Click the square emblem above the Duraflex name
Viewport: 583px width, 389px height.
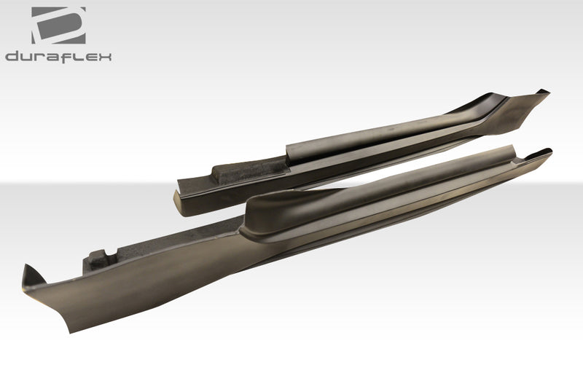58,25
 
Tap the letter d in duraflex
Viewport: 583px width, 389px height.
12,56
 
